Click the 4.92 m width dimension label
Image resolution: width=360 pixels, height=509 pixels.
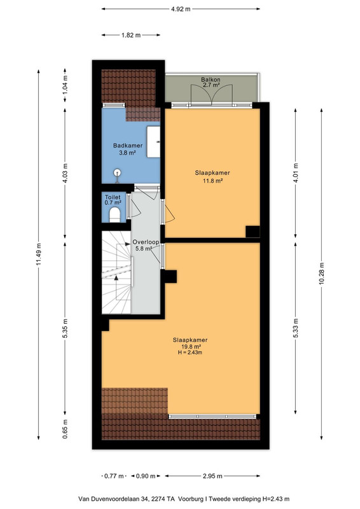(181, 9)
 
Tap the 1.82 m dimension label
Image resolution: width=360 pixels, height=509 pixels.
(131, 35)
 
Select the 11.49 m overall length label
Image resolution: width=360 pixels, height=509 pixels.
(39, 254)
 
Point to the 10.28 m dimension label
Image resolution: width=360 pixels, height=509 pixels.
(321, 273)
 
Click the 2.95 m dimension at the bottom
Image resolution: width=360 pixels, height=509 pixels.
(212, 476)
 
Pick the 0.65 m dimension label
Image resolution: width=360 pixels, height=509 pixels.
(65, 429)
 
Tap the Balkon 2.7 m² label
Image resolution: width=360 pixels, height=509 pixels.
(211, 82)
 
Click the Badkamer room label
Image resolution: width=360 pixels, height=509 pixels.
(128, 146)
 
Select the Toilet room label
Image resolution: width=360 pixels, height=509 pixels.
(113, 197)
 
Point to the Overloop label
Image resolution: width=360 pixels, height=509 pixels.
(146, 242)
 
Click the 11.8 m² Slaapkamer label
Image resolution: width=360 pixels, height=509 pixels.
(212, 181)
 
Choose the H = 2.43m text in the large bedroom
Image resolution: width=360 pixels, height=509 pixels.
(190, 352)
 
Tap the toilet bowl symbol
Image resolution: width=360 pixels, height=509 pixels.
(114, 215)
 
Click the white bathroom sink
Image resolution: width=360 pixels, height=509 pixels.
(153, 142)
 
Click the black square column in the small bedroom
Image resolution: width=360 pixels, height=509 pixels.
(253, 232)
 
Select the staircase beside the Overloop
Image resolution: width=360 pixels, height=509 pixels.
(117, 272)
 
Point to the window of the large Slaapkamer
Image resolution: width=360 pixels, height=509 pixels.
(212, 417)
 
